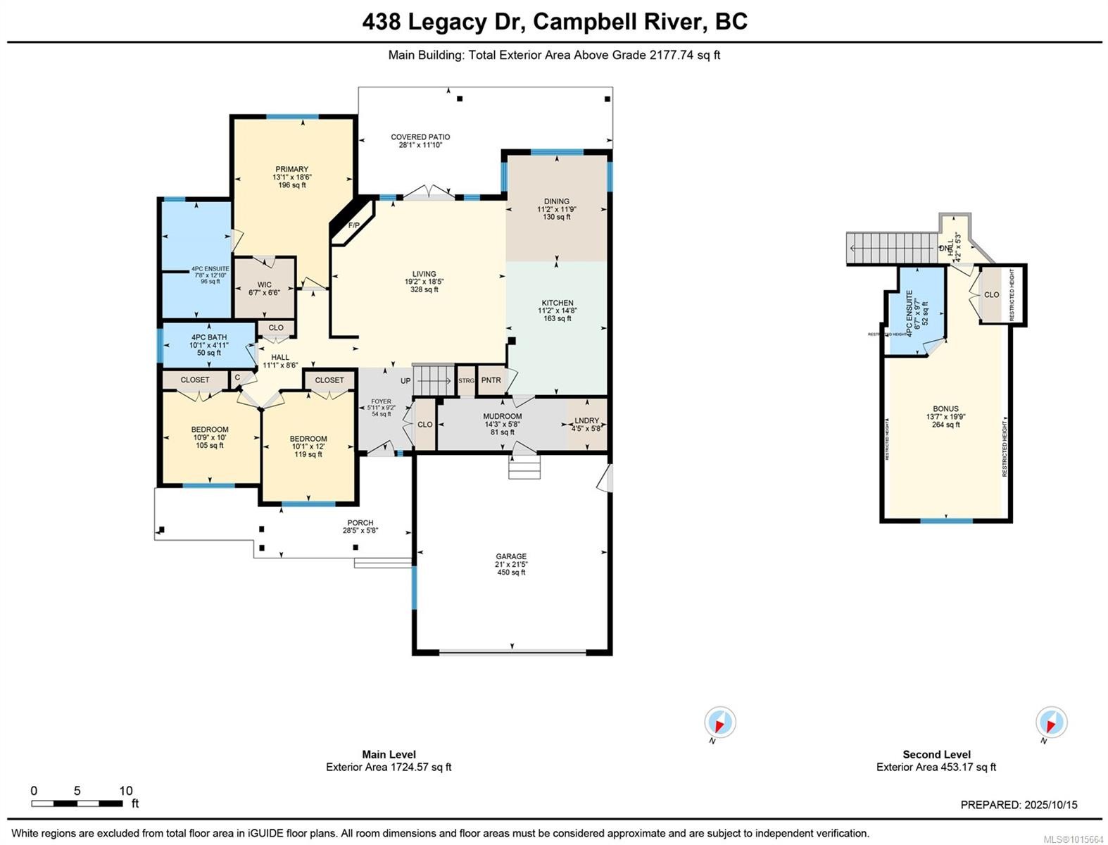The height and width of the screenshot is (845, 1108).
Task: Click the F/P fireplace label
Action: [353, 225]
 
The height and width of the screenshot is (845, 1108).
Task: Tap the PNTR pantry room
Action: [491, 380]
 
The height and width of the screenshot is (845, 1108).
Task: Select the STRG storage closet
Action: [466, 381]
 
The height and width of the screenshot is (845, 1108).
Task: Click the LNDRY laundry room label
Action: [586, 420]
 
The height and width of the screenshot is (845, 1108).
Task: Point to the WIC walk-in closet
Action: [264, 285]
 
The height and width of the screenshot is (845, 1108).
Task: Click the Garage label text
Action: [511, 556]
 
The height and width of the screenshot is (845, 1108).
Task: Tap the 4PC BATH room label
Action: [208, 338]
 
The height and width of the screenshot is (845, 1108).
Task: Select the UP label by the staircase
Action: [405, 381]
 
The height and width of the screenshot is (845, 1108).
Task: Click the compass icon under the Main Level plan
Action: [720, 722]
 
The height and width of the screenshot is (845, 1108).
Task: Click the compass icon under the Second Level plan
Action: [1051, 722]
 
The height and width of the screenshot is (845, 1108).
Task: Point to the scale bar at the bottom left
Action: [77, 803]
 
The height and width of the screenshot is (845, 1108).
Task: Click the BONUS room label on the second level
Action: [945, 408]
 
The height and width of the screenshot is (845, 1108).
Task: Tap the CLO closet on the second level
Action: [991, 294]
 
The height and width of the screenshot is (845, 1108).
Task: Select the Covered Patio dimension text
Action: [420, 145]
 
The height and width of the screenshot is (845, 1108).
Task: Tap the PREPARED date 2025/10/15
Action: [1051, 805]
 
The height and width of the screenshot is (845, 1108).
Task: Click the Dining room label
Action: [556, 201]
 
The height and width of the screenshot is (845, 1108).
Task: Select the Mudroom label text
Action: [502, 417]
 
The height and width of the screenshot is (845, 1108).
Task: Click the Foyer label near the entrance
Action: [381, 401]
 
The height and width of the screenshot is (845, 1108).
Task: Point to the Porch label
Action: [360, 523]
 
